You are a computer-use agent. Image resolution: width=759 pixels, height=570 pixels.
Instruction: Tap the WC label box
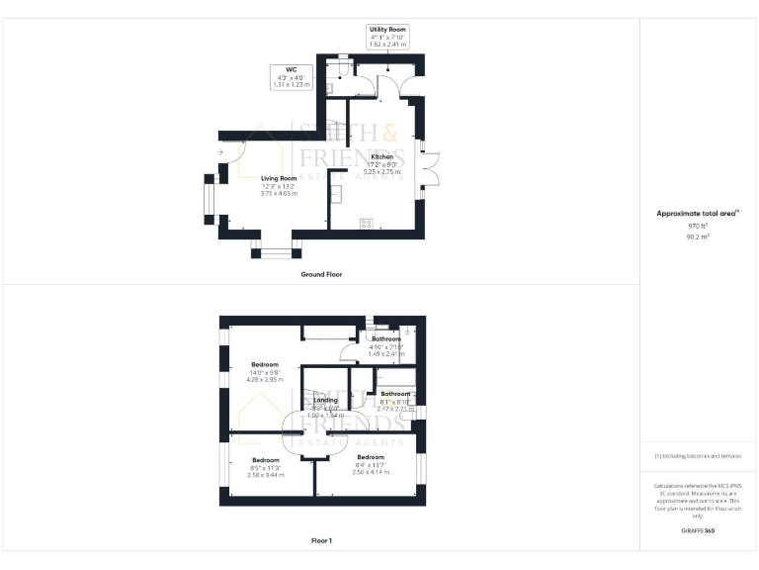292,77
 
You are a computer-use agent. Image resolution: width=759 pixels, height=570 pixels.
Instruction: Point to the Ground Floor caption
321,274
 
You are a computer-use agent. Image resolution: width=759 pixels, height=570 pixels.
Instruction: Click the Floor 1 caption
321,540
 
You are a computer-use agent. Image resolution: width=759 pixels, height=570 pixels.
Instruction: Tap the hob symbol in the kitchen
366,224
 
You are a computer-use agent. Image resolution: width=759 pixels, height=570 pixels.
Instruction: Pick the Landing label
325,400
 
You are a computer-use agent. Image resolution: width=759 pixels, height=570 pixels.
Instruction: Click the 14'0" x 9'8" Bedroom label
265,364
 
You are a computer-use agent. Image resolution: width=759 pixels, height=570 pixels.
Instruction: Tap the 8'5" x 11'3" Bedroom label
265,461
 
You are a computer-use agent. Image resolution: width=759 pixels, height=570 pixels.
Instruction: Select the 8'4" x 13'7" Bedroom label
371,457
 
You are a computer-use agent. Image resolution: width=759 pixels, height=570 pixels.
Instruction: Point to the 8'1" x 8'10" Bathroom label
395,394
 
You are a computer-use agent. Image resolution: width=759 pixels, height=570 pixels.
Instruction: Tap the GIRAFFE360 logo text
698,531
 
